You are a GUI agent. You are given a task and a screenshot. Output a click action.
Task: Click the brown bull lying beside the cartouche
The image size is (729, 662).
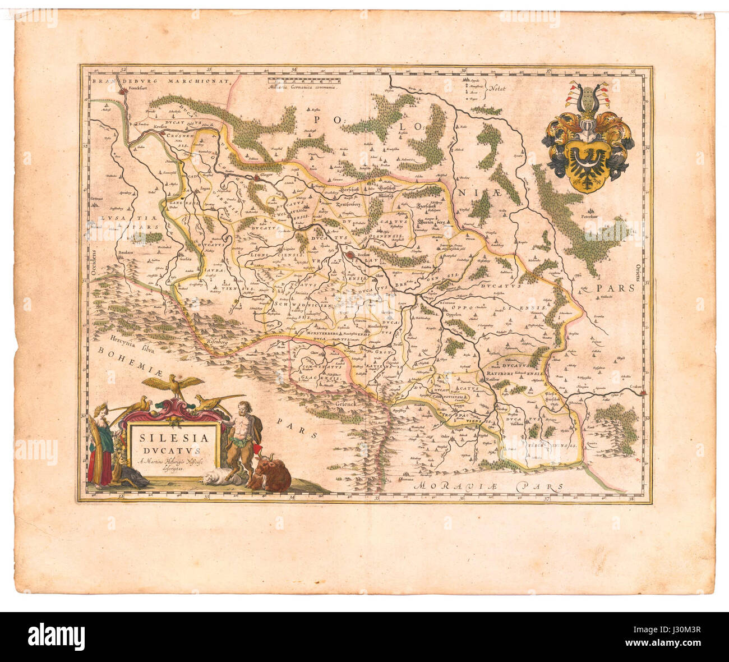coord(273,476)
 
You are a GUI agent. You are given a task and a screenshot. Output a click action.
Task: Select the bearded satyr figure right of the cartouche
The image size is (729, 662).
coord(241,438)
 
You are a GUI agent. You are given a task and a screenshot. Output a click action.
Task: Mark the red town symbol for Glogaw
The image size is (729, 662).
coord(257,177)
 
